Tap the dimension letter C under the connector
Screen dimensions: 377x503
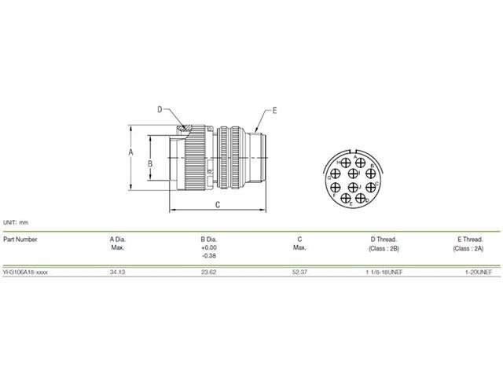(217, 204)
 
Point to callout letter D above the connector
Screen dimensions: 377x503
(159, 109)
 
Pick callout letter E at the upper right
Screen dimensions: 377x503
(275, 109)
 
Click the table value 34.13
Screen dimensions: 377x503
(117, 271)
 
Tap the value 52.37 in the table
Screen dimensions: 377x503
(299, 271)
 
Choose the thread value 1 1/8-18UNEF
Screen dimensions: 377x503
(382, 271)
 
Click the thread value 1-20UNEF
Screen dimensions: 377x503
(479, 271)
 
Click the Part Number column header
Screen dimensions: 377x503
(20, 239)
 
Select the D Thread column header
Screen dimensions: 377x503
(383, 239)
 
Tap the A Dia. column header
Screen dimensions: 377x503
(118, 239)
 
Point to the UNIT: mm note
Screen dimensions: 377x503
(16, 222)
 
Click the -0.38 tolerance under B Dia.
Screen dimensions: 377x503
(209, 256)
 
